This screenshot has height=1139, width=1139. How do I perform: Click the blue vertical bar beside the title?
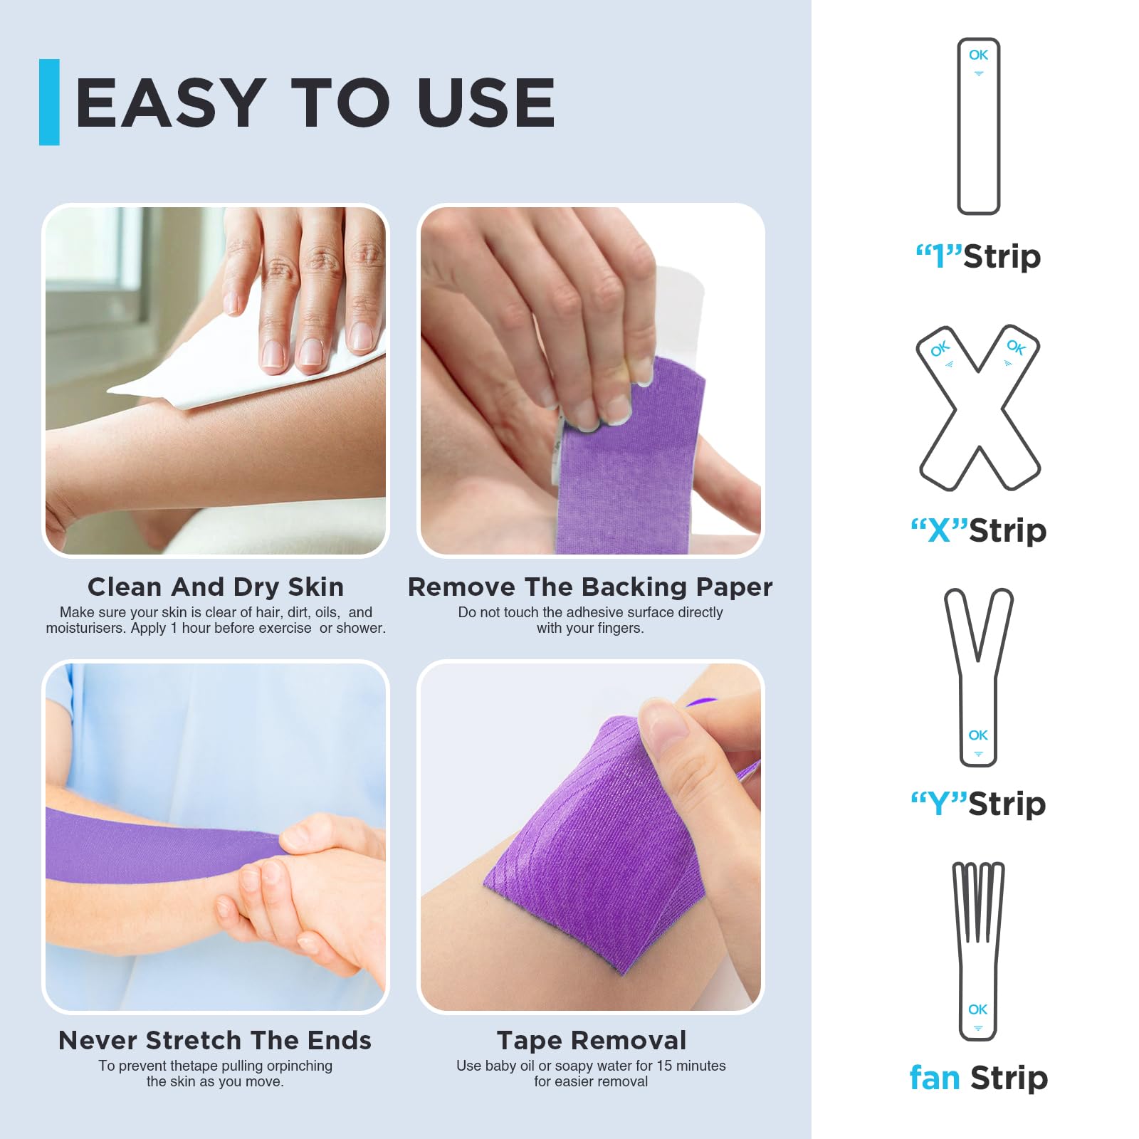(x=49, y=103)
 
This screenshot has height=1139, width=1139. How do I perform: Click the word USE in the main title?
(x=486, y=103)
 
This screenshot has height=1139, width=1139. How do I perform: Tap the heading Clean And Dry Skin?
(x=216, y=587)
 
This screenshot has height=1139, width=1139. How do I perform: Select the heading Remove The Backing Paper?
(x=590, y=587)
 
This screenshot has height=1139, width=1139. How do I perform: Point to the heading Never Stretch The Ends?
(x=215, y=1040)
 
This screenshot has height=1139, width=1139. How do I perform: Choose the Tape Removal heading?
(x=592, y=1040)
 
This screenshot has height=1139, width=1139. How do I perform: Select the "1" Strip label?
(x=978, y=256)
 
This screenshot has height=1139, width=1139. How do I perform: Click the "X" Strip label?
(x=979, y=530)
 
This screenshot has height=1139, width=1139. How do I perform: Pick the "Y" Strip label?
(x=978, y=804)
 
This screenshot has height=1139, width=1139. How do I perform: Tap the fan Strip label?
(x=979, y=1077)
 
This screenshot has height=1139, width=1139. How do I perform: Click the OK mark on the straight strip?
(x=979, y=55)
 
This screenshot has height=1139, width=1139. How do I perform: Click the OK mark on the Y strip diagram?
(x=978, y=735)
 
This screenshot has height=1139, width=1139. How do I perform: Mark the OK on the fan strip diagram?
(x=978, y=1009)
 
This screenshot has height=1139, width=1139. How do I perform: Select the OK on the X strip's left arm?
(x=940, y=348)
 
